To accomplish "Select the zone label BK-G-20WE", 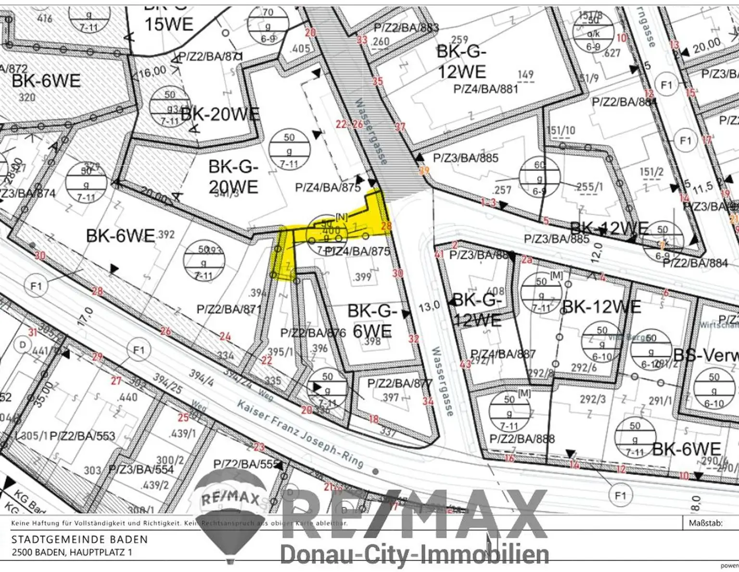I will pyautogui.click(x=234, y=177).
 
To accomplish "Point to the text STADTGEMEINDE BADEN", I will pyautogui.click(x=79, y=540).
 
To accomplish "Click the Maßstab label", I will pyautogui.click(x=705, y=523).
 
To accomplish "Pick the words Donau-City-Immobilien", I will pyautogui.click(x=414, y=554).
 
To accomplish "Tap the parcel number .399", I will pyautogui.click(x=362, y=277).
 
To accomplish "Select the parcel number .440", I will pyautogui.click(x=127, y=397).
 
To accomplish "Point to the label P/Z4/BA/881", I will pyautogui.click(x=485, y=89).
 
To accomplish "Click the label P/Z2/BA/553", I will pyautogui.click(x=82, y=436).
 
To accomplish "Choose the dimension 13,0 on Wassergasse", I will pyautogui.click(x=429, y=306).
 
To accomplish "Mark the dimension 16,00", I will pyautogui.click(x=152, y=72).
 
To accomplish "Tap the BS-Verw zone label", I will pyautogui.click(x=705, y=355).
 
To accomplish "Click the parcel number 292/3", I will pyautogui.click(x=592, y=399).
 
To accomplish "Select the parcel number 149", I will pyautogui.click(x=525, y=75).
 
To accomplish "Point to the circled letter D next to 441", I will pyautogui.click(x=22, y=345).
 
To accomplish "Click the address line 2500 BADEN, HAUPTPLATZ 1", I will pyautogui.click(x=72, y=552).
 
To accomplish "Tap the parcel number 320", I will pyautogui.click(x=27, y=97).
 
